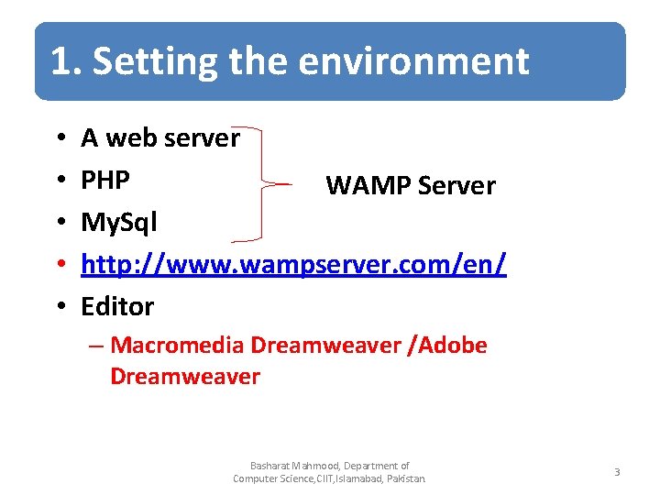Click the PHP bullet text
click(x=105, y=180)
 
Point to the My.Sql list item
click(x=119, y=222)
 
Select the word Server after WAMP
click(x=456, y=186)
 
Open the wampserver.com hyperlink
click(x=293, y=264)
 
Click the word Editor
click(x=117, y=306)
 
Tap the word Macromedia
click(x=177, y=346)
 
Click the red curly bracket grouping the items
click(x=266, y=183)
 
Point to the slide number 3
click(x=617, y=472)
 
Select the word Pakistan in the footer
click(x=404, y=478)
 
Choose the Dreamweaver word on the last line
click(x=185, y=376)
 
